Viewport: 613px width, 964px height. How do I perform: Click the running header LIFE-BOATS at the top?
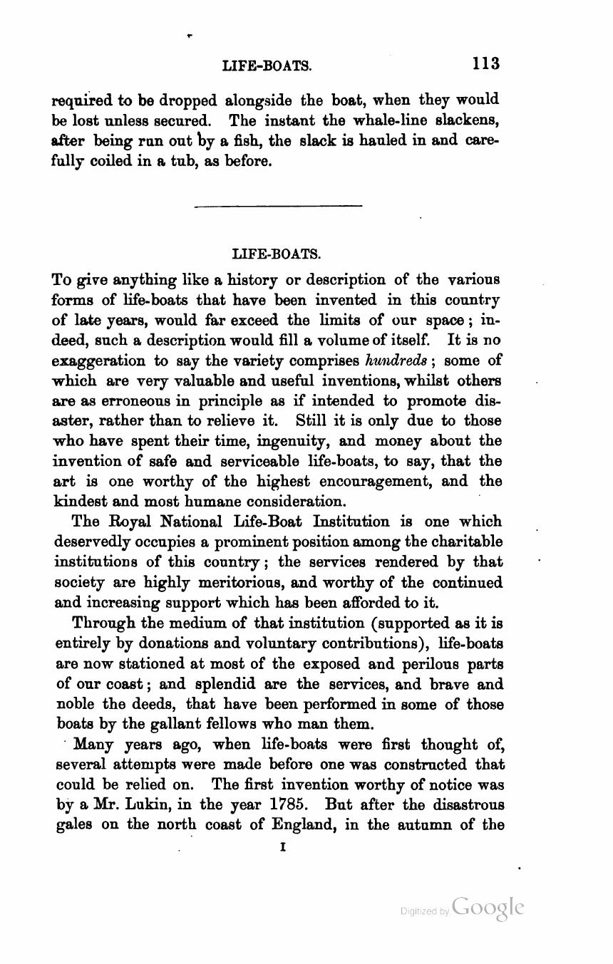(267, 66)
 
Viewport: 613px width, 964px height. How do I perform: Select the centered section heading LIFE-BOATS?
(277, 254)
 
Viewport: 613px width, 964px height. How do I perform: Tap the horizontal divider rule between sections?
(278, 207)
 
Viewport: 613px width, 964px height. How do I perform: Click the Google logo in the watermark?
(488, 906)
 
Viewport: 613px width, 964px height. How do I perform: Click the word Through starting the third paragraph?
(101, 623)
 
